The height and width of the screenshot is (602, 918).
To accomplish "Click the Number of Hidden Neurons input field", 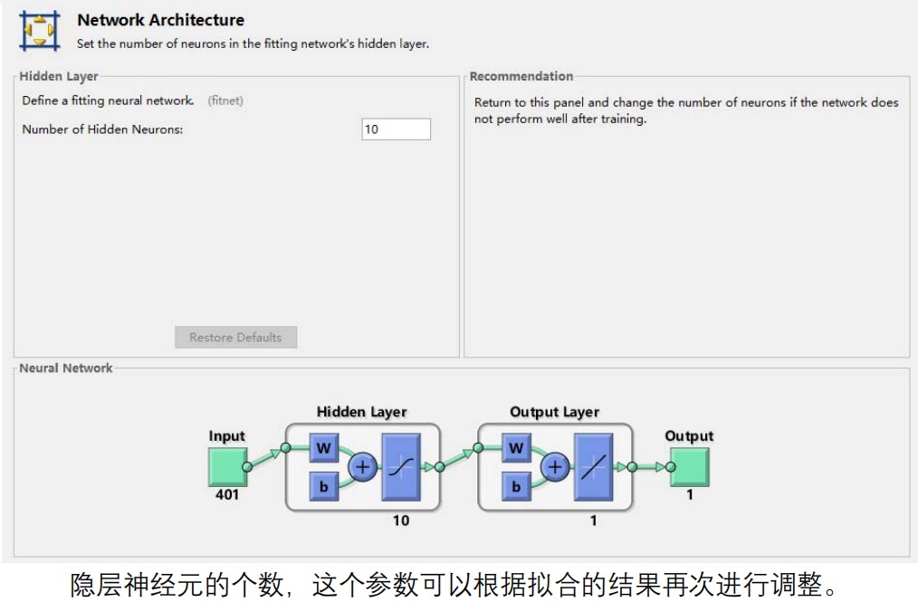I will click(396, 129).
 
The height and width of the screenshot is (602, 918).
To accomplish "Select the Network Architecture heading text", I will click(160, 20).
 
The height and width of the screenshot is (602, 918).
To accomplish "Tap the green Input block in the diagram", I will click(226, 466).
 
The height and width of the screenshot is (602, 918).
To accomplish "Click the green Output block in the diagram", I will click(689, 466).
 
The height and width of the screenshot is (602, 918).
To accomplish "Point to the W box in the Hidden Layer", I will click(323, 447).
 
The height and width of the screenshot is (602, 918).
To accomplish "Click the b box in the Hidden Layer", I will click(323, 486).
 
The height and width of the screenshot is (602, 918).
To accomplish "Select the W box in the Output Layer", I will click(516, 447).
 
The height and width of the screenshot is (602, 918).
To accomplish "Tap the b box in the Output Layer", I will click(516, 486).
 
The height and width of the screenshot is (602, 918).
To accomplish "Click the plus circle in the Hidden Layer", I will click(363, 467).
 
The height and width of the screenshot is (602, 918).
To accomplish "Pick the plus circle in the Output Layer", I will click(555, 467).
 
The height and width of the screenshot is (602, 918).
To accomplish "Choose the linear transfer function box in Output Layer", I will click(594, 467).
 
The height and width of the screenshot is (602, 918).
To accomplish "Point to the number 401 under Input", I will click(226, 495).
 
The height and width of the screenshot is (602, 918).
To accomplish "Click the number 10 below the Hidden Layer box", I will click(401, 521).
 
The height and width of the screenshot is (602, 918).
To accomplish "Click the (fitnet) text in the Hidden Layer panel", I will click(225, 100).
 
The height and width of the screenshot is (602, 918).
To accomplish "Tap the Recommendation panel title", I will click(521, 76).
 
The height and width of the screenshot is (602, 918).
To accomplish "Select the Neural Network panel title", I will click(66, 368).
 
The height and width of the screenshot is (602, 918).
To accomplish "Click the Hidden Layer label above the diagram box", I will click(361, 412).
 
